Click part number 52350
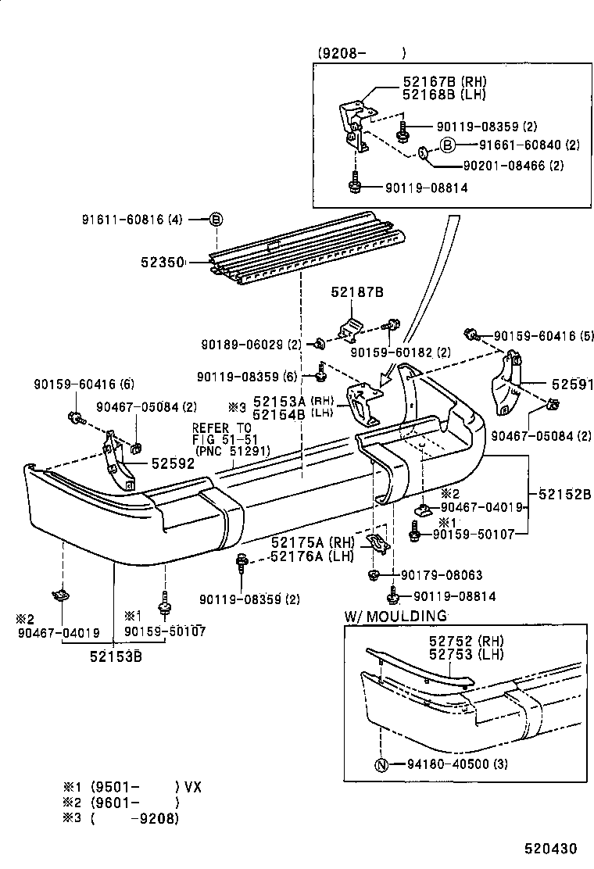pyautogui.click(x=162, y=264)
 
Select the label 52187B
pyautogui.click(x=356, y=292)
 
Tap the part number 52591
pyautogui.click(x=572, y=385)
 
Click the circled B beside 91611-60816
pyautogui.click(x=216, y=220)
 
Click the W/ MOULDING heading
pyautogui.click(x=395, y=616)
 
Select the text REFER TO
pyautogui.click(x=223, y=427)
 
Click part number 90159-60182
pyautogui.click(x=399, y=352)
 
